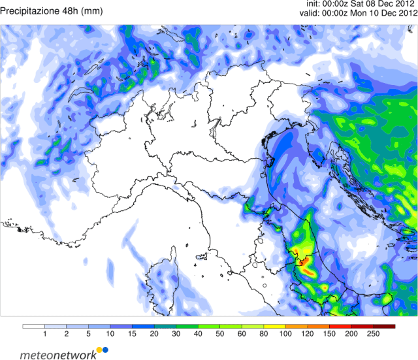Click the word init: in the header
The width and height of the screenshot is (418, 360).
click(x=317, y=4)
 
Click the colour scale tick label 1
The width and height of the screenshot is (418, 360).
click(x=44, y=335)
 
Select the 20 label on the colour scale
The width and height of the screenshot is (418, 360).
click(x=154, y=335)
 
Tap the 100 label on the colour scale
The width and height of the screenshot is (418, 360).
click(x=286, y=335)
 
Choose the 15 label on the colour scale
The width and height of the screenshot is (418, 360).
click(x=132, y=335)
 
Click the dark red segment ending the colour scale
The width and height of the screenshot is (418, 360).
click(x=385, y=326)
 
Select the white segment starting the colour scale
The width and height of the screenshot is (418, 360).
click(x=33, y=326)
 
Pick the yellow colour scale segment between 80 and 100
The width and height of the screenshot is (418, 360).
click(x=275, y=326)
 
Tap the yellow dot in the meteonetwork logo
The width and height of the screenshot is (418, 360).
click(x=99, y=350)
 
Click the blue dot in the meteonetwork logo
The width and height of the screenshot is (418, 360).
click(x=105, y=352)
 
